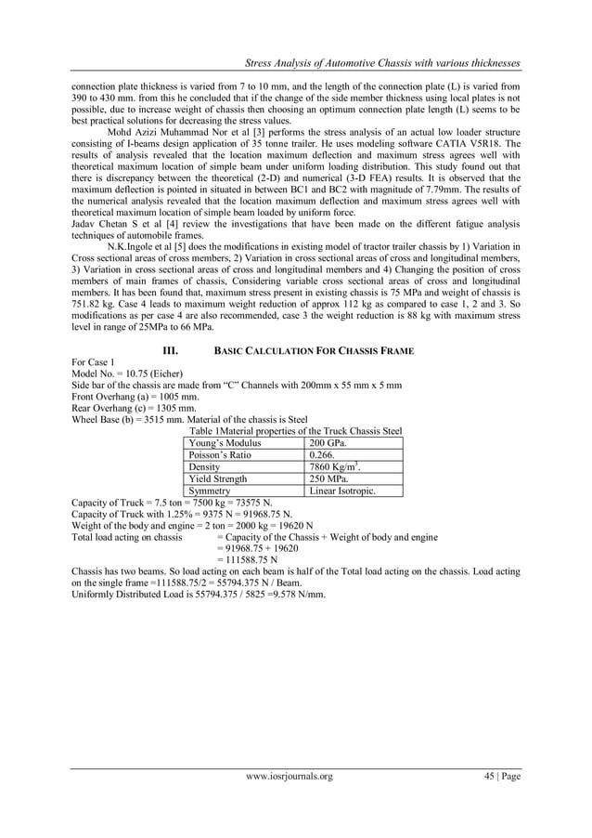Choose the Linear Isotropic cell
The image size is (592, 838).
coord(342,491)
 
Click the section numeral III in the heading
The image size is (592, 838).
coord(170,350)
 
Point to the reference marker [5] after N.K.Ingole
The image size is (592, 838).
coord(190,245)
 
